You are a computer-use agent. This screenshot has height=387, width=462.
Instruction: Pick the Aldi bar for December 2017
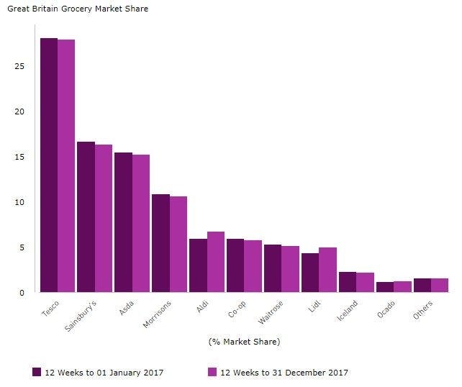[x=216, y=262]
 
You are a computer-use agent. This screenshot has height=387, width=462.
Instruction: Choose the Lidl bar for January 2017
[x=310, y=273]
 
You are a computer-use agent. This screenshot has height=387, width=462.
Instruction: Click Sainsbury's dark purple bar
[x=86, y=217]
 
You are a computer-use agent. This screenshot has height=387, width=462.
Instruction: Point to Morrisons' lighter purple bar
[x=178, y=244]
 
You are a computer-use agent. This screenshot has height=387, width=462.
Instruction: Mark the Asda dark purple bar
[x=123, y=222]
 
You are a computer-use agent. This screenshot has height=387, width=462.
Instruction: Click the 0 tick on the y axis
[x=24, y=293]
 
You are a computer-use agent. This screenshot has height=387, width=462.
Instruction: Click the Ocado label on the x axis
[x=386, y=310]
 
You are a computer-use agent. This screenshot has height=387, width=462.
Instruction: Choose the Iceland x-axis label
[x=347, y=312]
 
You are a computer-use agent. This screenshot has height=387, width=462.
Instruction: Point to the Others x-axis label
[x=422, y=310]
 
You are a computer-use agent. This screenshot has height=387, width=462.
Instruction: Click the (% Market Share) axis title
[x=244, y=341]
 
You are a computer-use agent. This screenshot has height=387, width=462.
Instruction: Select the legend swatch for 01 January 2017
[x=37, y=372]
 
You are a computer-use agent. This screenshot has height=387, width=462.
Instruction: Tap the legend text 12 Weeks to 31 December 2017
[x=284, y=373]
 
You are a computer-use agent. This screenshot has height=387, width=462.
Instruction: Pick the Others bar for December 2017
[x=440, y=285]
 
